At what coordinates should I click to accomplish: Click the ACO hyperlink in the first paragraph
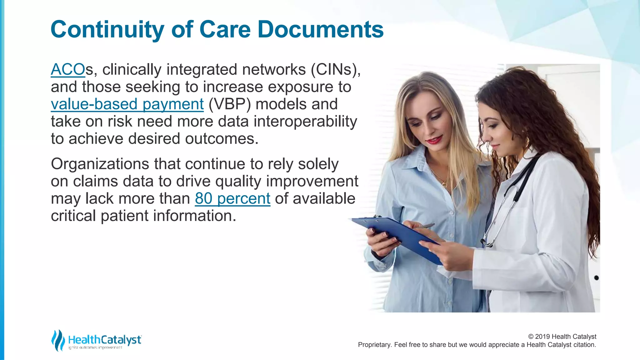click(67, 69)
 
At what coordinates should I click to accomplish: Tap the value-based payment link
click(127, 104)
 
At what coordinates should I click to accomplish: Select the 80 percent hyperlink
click(232, 198)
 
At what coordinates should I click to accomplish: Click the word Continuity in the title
click(107, 29)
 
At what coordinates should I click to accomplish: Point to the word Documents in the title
click(320, 29)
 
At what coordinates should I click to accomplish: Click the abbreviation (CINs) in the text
click(335, 69)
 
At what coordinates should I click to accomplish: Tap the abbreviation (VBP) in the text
click(229, 104)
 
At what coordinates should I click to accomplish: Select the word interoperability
click(305, 122)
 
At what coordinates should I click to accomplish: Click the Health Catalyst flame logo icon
click(58, 340)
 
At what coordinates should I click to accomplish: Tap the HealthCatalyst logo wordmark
click(105, 340)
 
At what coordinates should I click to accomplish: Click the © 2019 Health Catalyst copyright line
click(562, 337)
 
